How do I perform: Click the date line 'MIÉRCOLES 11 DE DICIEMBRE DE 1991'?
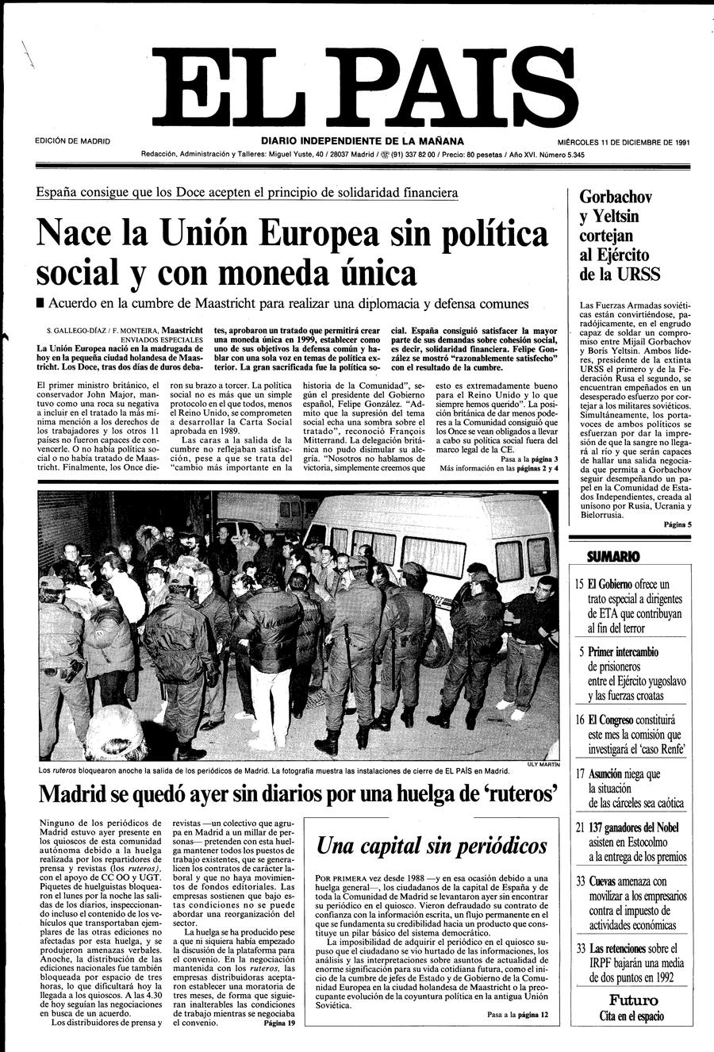click(622, 142)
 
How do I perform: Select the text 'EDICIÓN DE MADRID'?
click(73, 142)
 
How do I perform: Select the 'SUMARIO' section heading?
click(612, 556)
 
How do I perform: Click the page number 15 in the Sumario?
click(580, 585)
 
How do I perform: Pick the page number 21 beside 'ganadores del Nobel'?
click(580, 827)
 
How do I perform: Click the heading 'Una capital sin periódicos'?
click(432, 846)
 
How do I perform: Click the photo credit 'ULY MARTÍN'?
click(543, 765)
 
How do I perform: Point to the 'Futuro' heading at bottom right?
click(633, 1000)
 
